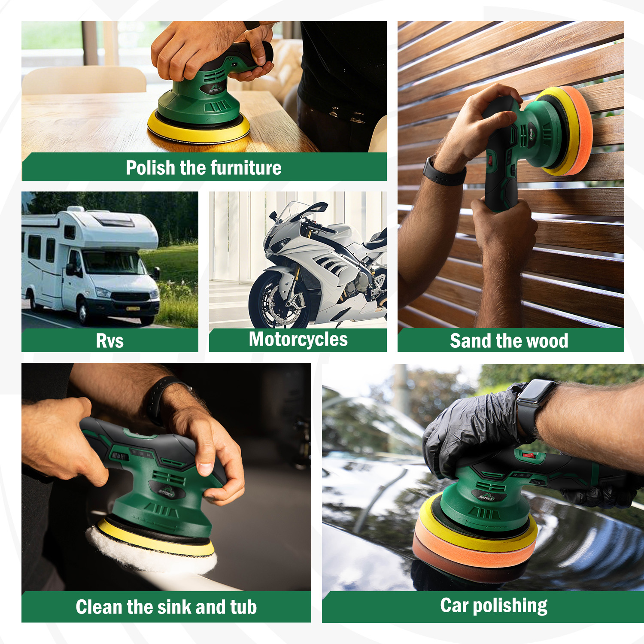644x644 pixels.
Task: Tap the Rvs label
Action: [110, 341]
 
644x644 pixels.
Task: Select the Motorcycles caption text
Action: [298, 339]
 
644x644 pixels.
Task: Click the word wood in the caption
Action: [547, 341]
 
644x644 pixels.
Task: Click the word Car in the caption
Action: [454, 605]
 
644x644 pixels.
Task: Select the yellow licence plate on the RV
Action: [133, 308]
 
